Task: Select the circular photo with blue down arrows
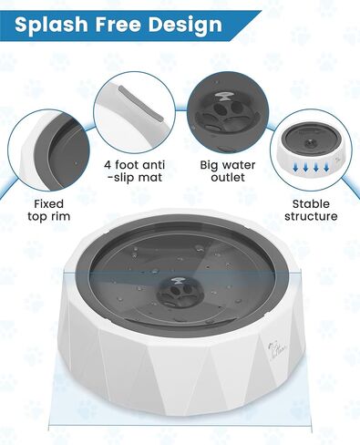[x=314, y=150]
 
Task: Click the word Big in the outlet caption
[x=209, y=166]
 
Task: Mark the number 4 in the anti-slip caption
[x=107, y=166]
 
